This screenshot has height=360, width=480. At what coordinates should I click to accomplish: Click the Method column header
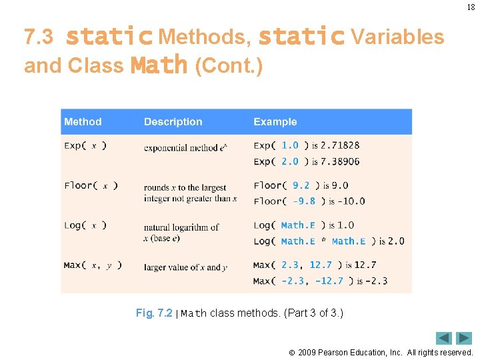click(x=83, y=122)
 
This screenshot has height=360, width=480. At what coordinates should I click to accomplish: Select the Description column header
click(x=173, y=122)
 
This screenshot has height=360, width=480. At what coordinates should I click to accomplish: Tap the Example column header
click(x=275, y=122)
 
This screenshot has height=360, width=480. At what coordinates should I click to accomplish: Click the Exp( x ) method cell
click(x=85, y=145)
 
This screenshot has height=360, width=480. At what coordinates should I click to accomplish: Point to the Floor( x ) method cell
click(x=91, y=185)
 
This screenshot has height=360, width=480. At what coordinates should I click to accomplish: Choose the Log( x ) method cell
click(x=85, y=225)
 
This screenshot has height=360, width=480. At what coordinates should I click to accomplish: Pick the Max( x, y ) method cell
click(x=93, y=265)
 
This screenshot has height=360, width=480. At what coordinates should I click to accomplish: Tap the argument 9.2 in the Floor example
click(x=301, y=185)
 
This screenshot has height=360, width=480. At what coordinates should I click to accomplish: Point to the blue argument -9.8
click(x=304, y=201)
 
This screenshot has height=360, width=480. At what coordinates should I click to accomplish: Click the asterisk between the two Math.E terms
click(x=323, y=241)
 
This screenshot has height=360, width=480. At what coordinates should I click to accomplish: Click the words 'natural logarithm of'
click(x=181, y=227)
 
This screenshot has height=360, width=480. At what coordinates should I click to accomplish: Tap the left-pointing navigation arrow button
click(x=444, y=338)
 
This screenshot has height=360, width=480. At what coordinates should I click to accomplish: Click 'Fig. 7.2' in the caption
click(x=154, y=313)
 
